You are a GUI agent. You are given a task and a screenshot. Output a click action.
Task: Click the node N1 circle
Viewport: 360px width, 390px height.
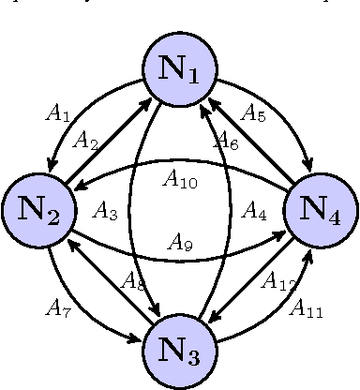[180, 70]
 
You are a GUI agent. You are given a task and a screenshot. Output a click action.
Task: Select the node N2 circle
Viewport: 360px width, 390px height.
[39, 211]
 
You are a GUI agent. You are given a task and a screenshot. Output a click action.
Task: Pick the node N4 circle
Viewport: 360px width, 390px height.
[321, 211]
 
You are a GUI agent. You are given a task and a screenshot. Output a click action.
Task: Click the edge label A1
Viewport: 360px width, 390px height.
[58, 114]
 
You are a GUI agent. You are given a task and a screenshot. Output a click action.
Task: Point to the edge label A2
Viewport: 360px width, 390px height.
[86, 142]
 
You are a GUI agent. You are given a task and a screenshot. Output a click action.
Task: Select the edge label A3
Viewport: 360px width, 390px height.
[105, 212]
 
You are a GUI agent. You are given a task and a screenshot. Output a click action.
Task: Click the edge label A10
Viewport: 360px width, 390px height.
[180, 177]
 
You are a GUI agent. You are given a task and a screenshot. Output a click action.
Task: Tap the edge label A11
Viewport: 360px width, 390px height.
[307, 307]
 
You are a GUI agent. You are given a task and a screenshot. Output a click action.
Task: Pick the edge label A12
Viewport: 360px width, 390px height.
[277, 279]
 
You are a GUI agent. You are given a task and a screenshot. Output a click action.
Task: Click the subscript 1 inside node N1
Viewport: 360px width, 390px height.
[194, 76]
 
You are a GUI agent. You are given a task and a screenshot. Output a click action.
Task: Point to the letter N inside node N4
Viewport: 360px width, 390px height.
[313, 209]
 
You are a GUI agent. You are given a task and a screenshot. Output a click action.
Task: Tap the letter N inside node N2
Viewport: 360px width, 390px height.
[32, 209]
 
